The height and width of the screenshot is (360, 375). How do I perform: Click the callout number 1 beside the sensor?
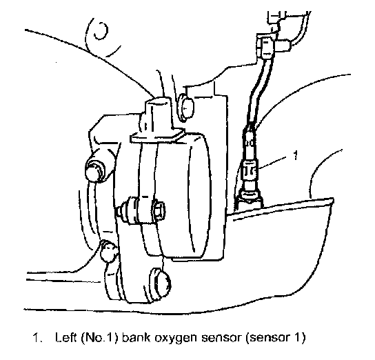[296, 155]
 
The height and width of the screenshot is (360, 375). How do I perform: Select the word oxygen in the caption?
[176, 339]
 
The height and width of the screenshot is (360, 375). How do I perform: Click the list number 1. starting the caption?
[37, 337]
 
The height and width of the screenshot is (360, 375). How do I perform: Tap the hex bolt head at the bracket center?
[159, 210]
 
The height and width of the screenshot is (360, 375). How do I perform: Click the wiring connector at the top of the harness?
[266, 47]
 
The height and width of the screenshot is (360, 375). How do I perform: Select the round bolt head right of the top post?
[185, 107]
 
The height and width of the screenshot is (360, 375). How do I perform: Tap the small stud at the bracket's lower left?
[108, 251]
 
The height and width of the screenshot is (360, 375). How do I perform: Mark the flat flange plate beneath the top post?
[157, 137]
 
